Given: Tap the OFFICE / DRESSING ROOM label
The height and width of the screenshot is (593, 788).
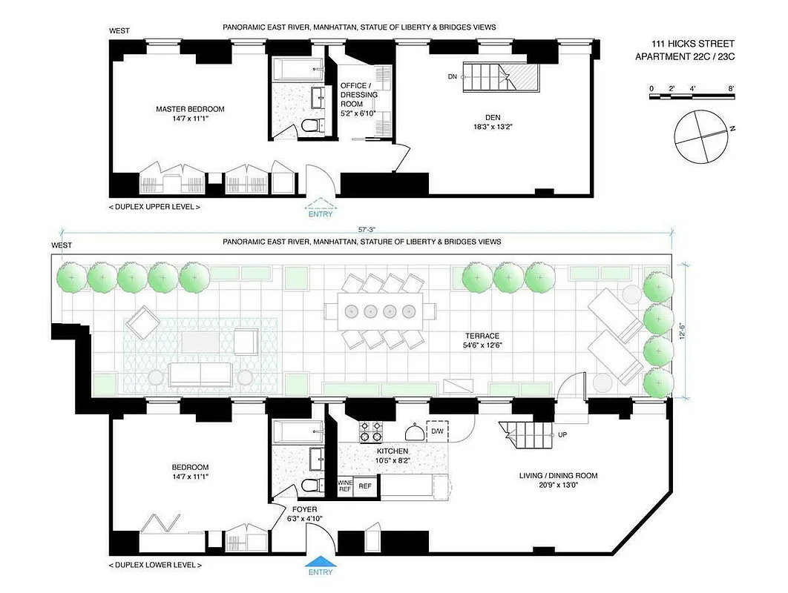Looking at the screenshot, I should point(358,95).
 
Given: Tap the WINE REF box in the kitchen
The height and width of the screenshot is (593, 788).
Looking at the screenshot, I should point(345,486).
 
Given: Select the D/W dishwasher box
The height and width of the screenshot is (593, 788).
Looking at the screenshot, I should point(438,431).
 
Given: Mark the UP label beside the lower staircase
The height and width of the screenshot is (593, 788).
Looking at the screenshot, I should point(562,434).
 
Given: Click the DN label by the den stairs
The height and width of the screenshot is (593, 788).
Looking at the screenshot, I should point(453,76).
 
